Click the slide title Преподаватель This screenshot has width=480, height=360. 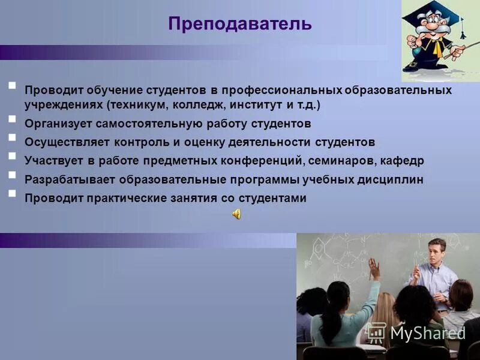pos(239,23)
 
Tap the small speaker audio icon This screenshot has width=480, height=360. pos(236,214)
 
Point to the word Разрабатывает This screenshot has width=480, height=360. pos(70,179)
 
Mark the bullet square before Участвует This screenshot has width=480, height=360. pos(13,156)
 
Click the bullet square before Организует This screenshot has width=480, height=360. pos(13,119)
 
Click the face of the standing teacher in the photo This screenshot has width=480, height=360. pos(436,251)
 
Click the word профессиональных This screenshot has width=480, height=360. pos(282,90)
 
